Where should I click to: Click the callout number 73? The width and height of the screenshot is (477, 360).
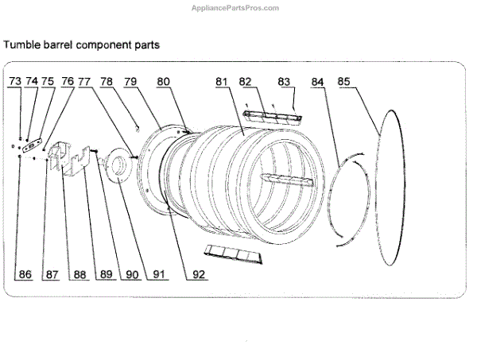click(x=16, y=81)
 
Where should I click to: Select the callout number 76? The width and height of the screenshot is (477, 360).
click(x=68, y=81)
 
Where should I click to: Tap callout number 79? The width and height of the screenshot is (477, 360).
click(x=130, y=81)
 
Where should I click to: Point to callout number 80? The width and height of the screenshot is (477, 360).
click(x=163, y=81)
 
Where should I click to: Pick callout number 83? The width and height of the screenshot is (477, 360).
click(x=284, y=81)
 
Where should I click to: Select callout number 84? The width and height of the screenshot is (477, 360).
click(x=318, y=81)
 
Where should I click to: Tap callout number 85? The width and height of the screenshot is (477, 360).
click(x=344, y=81)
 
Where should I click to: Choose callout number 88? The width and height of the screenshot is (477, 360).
click(x=78, y=275)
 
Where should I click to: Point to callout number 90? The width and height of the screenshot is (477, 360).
click(x=132, y=275)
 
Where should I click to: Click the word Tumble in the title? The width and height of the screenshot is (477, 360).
click(x=22, y=45)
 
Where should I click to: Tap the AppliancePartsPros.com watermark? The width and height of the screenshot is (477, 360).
click(x=236, y=8)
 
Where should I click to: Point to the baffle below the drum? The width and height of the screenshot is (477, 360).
click(x=232, y=253)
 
